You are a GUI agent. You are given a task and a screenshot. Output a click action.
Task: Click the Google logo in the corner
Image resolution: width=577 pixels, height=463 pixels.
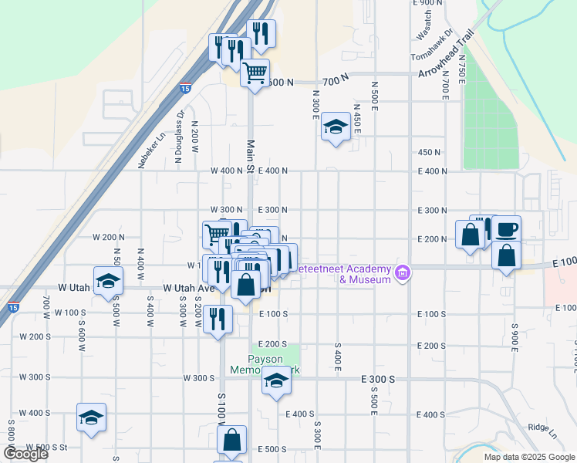(x=25, y=454)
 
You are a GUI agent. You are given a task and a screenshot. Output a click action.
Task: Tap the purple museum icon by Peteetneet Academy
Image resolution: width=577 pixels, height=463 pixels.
(x=401, y=272)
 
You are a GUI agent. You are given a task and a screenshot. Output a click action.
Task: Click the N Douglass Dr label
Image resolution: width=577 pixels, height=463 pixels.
(x=180, y=137)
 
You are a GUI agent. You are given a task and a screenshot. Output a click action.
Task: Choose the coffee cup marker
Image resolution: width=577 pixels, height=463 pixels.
(x=506, y=230)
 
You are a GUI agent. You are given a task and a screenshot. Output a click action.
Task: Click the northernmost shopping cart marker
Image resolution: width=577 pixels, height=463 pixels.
(x=255, y=74)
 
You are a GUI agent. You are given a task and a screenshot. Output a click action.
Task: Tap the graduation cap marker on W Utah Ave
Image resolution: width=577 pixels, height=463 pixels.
(x=108, y=281)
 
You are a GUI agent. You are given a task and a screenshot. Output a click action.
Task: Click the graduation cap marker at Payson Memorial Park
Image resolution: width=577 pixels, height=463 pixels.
(x=276, y=381)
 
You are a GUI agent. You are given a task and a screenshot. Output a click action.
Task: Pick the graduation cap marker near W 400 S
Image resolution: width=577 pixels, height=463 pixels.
(x=92, y=418)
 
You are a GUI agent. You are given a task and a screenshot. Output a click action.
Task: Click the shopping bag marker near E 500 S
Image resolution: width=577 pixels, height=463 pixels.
(x=231, y=441)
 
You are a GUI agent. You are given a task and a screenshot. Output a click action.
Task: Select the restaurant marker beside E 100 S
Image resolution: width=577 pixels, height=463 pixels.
(x=218, y=319)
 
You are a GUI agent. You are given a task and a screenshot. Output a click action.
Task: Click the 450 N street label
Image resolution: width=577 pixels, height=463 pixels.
(x=429, y=152)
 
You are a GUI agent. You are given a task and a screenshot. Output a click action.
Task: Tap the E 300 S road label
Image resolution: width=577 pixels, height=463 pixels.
(x=378, y=379)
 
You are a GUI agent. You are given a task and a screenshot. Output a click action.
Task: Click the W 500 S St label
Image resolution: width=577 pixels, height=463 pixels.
(x=47, y=448)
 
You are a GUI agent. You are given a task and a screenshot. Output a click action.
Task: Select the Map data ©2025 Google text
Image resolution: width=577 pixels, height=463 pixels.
(x=528, y=457)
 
